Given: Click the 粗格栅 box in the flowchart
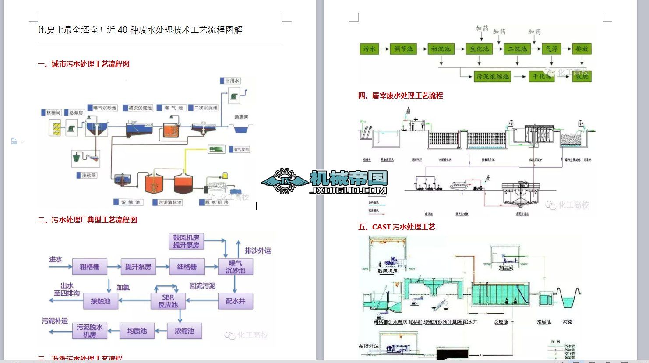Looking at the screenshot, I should tap(89, 267).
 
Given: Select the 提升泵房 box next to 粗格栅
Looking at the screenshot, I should tap(138, 267).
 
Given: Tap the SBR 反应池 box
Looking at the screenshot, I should tap(168, 300).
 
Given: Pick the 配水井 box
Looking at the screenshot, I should tap(236, 301).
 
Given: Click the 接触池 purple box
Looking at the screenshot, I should tap(101, 301).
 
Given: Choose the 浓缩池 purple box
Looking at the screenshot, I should tap(184, 331).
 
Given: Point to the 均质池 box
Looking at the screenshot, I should tap(137, 331).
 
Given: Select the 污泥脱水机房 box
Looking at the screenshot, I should tap(90, 331).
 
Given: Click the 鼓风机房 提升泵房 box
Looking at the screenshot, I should tap(186, 241).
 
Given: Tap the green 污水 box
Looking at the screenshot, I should tap(370, 49).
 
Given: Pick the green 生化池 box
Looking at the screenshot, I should tap(479, 49).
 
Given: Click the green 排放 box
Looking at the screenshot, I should tap(582, 49).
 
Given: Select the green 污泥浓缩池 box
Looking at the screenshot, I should tap(493, 77).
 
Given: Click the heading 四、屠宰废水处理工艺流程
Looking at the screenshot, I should tap(400, 95).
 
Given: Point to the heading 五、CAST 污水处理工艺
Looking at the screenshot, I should tap(396, 227).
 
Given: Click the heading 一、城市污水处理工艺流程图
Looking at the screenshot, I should tap(84, 64).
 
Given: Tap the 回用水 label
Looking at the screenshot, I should tap(232, 81).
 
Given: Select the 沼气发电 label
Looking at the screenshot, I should tap(241, 149).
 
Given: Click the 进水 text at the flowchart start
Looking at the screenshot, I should tap(56, 259).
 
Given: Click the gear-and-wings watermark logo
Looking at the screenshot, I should tap(285, 180).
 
